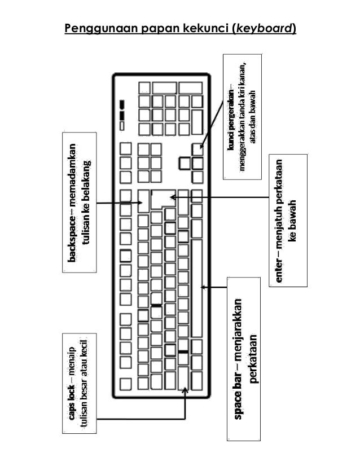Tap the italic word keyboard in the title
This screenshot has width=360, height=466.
(x=264, y=28)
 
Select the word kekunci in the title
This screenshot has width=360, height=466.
(x=201, y=28)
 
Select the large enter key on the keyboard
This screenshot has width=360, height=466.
(x=162, y=197)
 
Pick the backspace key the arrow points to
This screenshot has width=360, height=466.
(x=144, y=201)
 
